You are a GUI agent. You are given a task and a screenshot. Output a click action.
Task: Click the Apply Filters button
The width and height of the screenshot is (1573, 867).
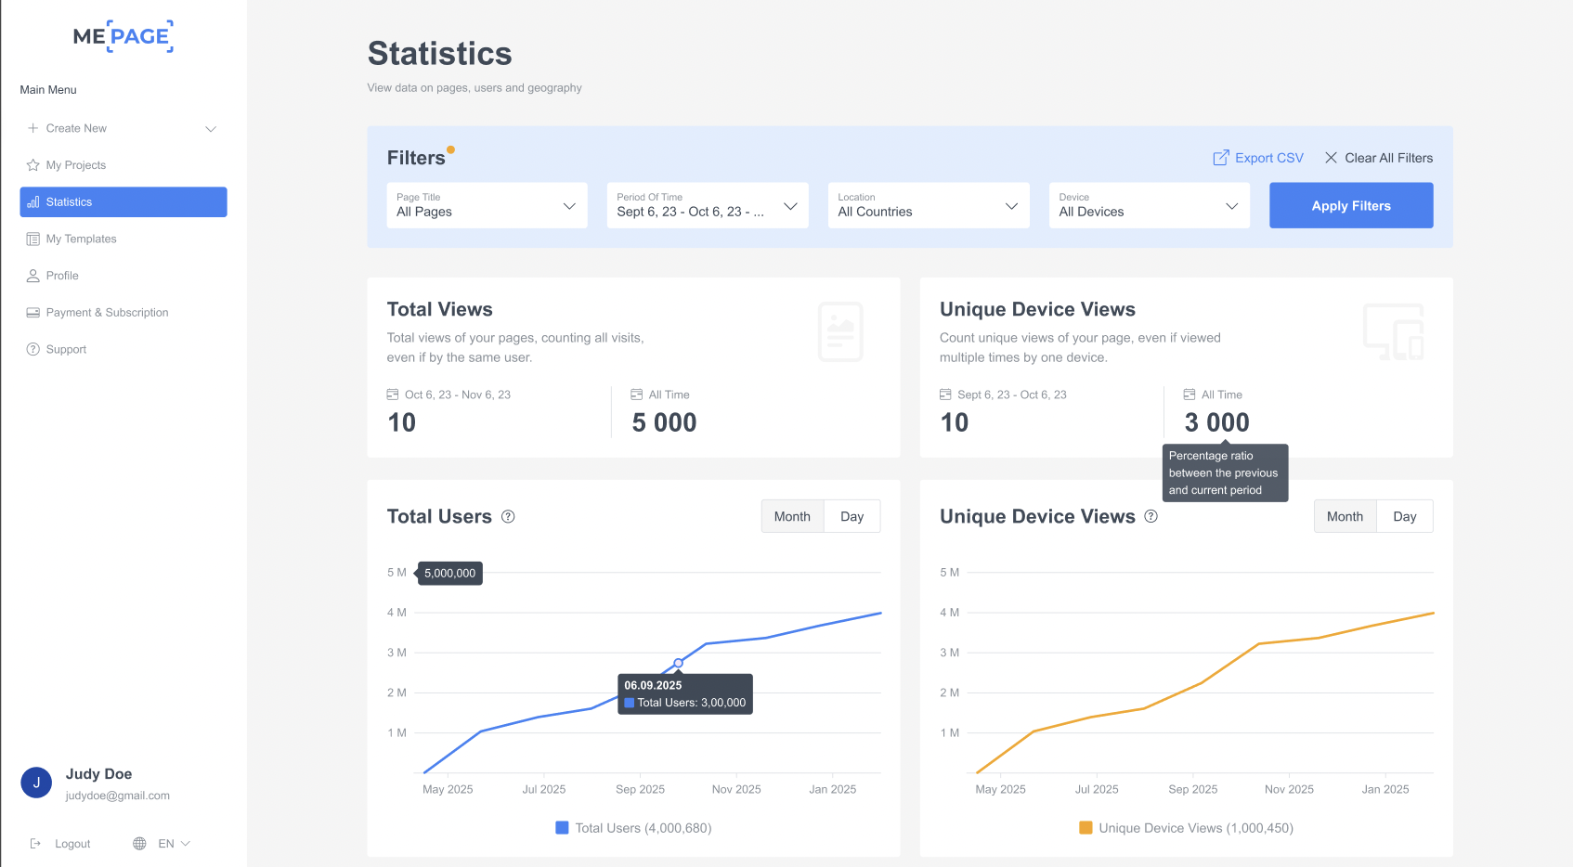[x=1350, y=205]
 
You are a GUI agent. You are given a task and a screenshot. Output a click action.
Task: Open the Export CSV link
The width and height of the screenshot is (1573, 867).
[x=1258, y=158]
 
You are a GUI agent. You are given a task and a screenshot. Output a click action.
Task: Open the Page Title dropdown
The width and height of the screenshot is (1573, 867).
[x=487, y=205]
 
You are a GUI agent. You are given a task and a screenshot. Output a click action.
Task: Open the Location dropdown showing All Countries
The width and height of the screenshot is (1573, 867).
[x=928, y=205]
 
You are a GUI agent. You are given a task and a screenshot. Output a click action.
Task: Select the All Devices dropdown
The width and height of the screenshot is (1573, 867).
[x=1149, y=205]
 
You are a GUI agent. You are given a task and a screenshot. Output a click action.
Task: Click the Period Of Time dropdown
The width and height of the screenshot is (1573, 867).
[x=707, y=205]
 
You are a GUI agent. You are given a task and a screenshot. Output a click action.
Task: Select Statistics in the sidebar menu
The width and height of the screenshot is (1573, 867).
[x=123, y=202]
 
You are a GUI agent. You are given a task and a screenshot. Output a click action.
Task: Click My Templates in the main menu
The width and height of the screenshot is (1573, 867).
[x=81, y=239]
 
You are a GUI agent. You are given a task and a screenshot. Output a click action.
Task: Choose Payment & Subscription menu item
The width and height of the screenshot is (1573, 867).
[x=107, y=313]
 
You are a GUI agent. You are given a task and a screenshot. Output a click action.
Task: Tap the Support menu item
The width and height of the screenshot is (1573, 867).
[x=66, y=349]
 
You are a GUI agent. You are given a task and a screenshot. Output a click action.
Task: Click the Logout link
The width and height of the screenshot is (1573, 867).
[x=71, y=844]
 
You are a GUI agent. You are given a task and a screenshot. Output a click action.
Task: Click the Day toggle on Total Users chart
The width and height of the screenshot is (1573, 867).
[x=851, y=516]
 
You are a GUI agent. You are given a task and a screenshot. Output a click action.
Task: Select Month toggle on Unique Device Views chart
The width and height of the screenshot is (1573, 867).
[x=1345, y=516]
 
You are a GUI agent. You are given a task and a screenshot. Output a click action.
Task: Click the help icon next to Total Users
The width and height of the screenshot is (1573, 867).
[x=508, y=517]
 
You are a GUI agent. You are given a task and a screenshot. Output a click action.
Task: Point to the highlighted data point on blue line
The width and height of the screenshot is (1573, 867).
[x=678, y=663]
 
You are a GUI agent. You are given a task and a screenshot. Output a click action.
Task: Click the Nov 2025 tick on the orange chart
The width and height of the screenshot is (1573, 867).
[x=1289, y=789]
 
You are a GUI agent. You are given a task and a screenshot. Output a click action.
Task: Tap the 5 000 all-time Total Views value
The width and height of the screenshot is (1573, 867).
[x=664, y=422]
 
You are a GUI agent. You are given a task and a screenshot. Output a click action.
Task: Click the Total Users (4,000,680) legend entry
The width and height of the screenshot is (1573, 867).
[x=633, y=828]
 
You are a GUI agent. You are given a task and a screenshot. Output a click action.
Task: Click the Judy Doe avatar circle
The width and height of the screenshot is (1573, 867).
[x=36, y=783]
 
